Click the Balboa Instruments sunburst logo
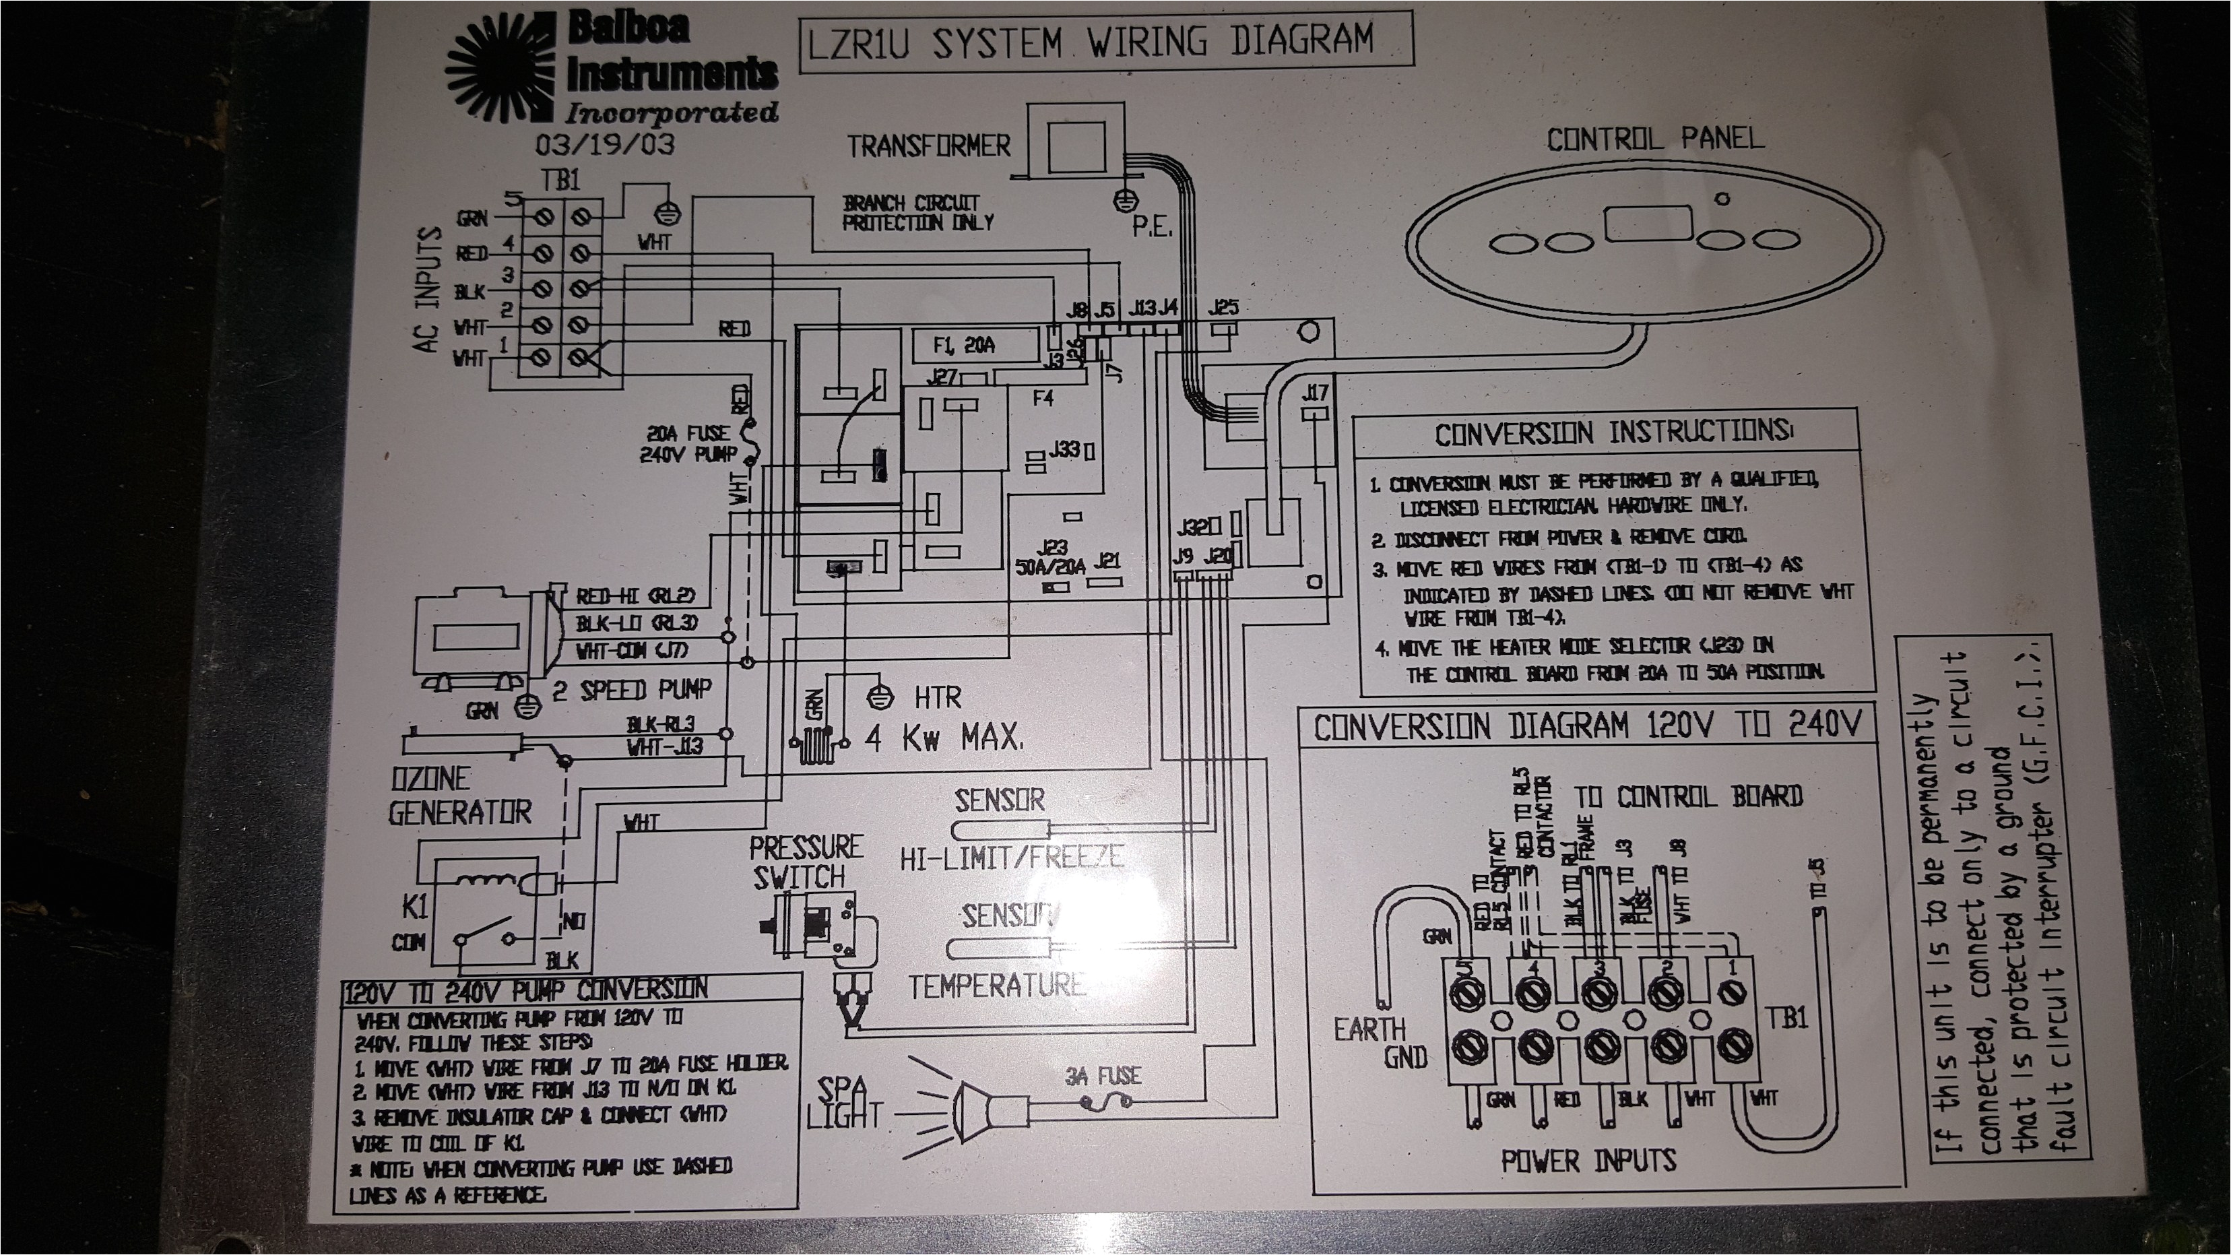500,69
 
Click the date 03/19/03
604,143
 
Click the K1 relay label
415,907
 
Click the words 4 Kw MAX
944,738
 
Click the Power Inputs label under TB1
1588,1161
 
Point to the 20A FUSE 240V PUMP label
688,443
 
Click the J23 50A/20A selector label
1049,557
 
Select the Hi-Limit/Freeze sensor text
1012,858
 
